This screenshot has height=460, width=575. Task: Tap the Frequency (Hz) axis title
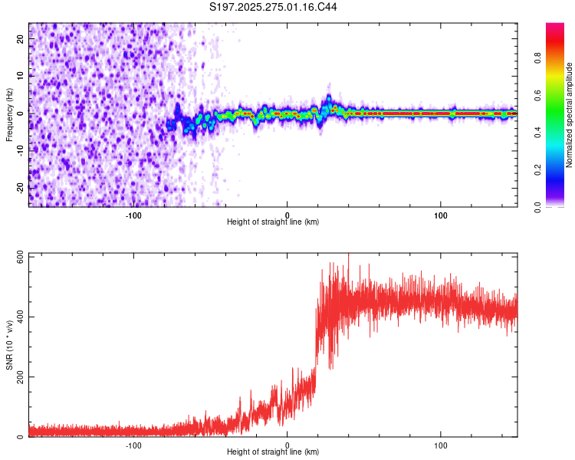click(x=9, y=115)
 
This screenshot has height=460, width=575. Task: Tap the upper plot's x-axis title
click(x=273, y=222)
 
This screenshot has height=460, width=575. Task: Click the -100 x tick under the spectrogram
click(x=133, y=215)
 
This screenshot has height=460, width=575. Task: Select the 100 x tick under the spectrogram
click(x=441, y=215)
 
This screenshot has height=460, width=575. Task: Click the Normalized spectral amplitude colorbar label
click(x=570, y=116)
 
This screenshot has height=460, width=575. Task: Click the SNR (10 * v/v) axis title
click(x=9, y=344)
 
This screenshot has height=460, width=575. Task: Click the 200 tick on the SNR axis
click(x=18, y=376)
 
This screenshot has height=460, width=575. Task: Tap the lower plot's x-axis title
click(x=273, y=452)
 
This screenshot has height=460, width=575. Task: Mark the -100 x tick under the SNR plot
click(x=133, y=445)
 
